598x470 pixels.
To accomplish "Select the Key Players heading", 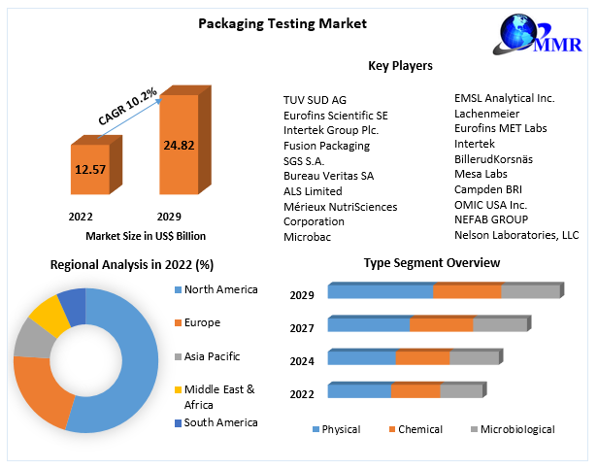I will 400,66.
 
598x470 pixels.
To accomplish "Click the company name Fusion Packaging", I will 326,146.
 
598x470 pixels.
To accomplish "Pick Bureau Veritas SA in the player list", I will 328,176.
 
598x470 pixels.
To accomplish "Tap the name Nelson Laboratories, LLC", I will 515,235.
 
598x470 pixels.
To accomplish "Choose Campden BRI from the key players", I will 489,189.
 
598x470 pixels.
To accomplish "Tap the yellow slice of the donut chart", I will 45,315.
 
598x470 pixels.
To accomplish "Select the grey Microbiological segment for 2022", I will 460,391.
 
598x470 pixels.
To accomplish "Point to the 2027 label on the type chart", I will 302,328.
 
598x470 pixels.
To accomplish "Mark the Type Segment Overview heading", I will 432,263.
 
